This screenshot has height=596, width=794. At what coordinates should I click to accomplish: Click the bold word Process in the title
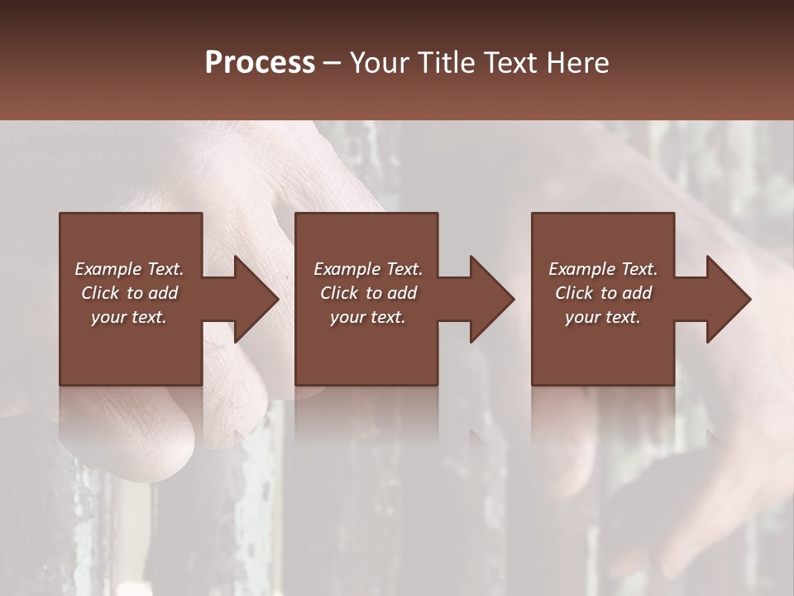click(x=260, y=63)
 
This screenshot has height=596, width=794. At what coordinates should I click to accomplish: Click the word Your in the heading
click(x=379, y=63)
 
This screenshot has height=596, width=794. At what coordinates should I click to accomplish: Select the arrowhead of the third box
click(x=727, y=299)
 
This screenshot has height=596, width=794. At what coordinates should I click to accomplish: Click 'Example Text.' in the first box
click(x=129, y=269)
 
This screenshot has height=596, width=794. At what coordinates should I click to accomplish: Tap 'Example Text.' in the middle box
click(x=368, y=269)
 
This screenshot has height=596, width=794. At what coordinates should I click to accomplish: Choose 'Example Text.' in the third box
click(x=603, y=269)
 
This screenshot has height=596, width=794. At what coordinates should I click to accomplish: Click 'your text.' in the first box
click(x=129, y=317)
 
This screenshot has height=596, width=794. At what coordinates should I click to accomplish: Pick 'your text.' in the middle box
click(x=368, y=317)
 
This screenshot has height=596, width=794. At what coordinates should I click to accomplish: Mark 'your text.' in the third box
click(x=603, y=317)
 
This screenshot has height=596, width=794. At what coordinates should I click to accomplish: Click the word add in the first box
click(x=163, y=293)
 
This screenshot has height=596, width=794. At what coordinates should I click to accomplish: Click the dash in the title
click(x=332, y=63)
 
